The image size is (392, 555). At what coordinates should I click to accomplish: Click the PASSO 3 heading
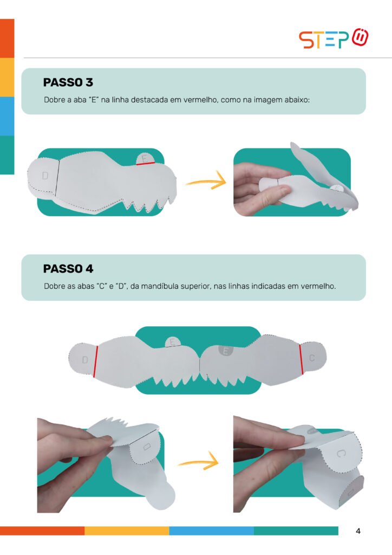(x=68, y=82)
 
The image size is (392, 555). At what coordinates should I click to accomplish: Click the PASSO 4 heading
(x=68, y=269)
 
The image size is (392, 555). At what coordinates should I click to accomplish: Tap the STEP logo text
(x=324, y=40)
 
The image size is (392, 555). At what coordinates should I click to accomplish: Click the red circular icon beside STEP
(x=360, y=37)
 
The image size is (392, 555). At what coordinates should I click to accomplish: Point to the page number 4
(x=358, y=531)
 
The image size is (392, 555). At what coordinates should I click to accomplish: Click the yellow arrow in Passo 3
(x=206, y=181)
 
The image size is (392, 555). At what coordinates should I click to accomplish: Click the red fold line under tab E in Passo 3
(x=146, y=164)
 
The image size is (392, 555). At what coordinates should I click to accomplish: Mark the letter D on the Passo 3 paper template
(x=45, y=175)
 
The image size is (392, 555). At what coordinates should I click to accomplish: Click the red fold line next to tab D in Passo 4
(x=95, y=362)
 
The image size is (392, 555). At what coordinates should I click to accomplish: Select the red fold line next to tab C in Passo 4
(x=301, y=359)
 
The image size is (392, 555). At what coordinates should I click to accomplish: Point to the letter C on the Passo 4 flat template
(x=312, y=358)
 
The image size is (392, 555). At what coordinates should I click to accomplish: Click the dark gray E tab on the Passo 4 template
(x=226, y=351)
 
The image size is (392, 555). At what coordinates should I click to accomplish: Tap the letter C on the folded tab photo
(x=339, y=454)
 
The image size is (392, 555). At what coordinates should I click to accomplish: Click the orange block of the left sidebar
(x=7, y=38)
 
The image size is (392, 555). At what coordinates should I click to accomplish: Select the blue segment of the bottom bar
(x=211, y=531)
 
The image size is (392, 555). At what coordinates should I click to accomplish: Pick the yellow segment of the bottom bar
(x=127, y=531)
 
